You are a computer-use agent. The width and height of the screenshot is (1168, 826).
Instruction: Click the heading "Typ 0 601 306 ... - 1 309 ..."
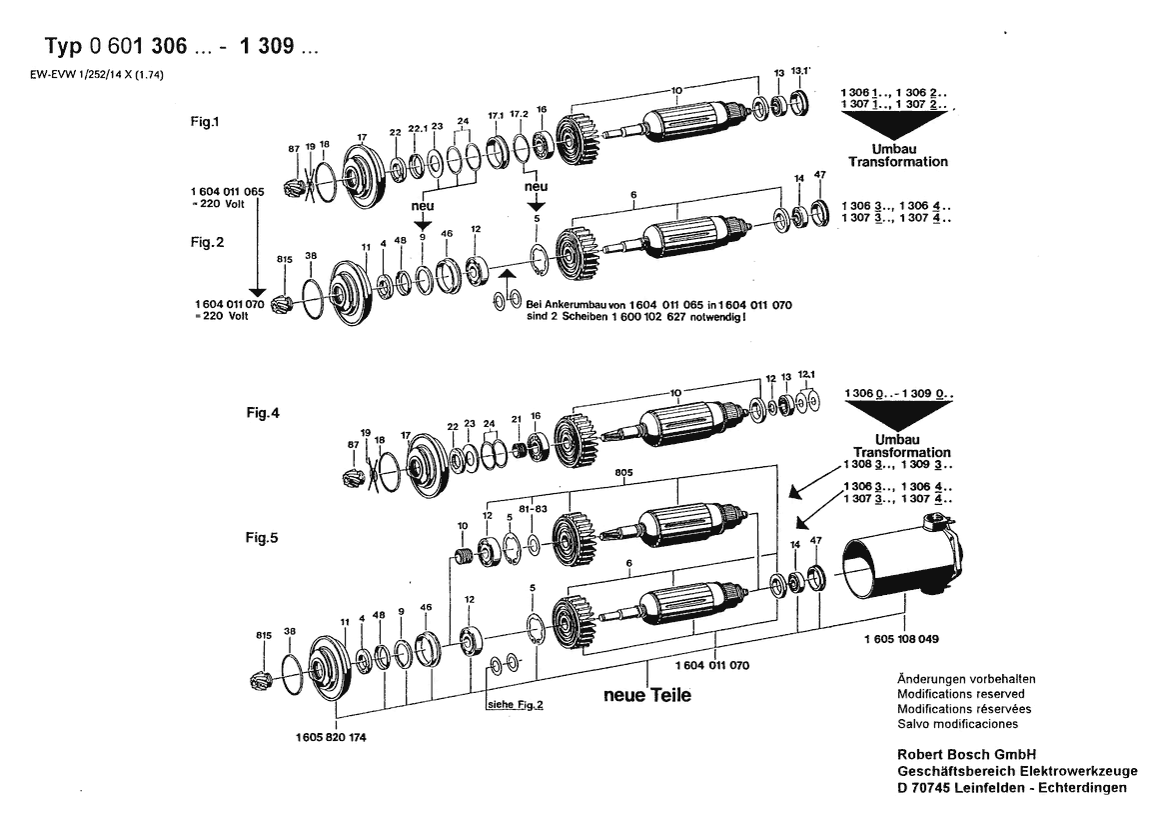183,47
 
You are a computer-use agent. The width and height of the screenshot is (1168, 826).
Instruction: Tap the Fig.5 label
263,537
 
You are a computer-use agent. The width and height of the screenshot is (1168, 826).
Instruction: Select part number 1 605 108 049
899,637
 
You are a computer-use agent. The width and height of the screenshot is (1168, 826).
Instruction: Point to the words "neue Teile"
646,695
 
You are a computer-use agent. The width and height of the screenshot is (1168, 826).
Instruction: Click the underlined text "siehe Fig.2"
515,704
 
